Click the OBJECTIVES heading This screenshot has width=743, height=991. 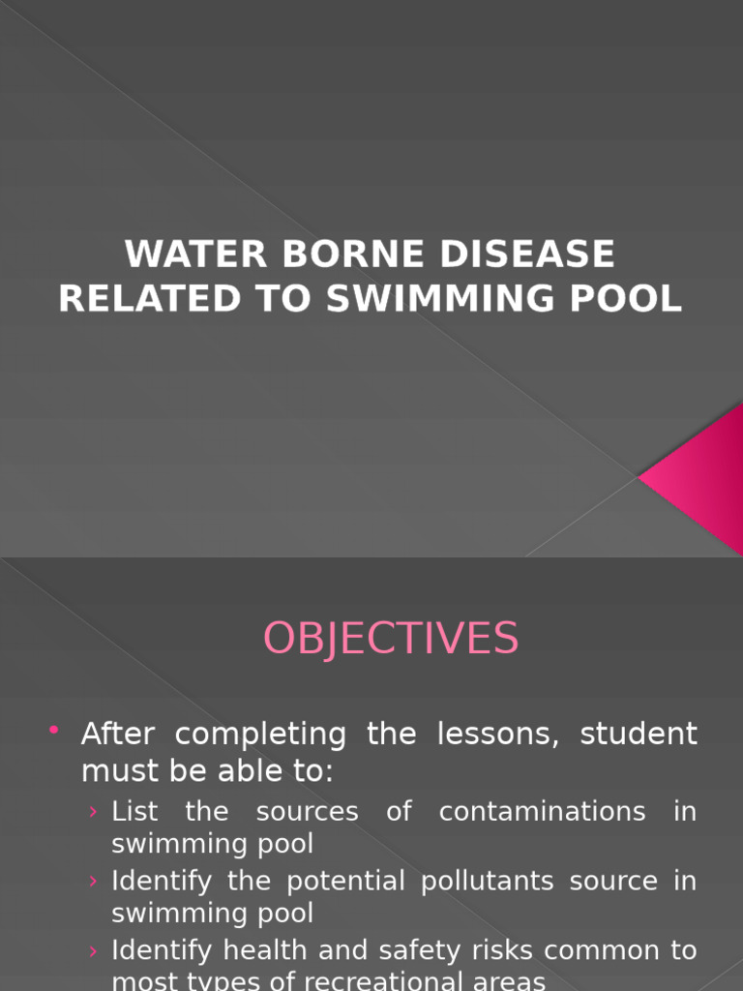coord(391,639)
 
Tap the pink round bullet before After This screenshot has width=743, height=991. coord(53,729)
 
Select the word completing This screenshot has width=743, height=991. coord(259,735)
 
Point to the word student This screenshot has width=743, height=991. coord(639,734)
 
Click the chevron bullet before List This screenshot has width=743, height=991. coord(93,812)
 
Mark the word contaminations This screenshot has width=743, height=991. coord(542,811)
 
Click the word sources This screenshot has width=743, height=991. coord(307,811)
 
